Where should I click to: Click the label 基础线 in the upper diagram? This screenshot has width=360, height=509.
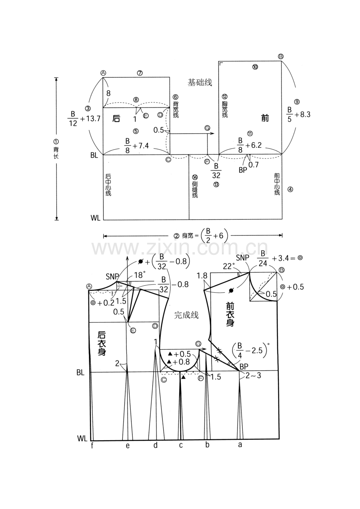click(x=200, y=82)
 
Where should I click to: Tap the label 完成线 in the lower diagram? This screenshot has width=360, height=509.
click(x=186, y=315)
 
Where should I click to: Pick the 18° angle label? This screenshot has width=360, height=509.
click(x=140, y=275)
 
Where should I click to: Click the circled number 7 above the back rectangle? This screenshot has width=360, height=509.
click(x=140, y=73)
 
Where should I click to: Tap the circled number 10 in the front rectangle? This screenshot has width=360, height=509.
click(x=255, y=67)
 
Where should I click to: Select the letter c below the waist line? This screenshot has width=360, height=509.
click(x=181, y=445)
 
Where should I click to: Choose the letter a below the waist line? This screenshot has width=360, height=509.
click(x=240, y=445)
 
